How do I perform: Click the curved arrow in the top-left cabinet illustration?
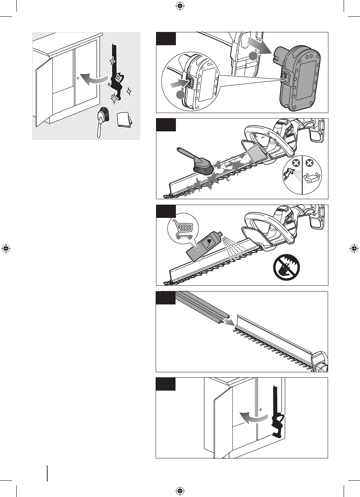[x=94, y=78]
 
